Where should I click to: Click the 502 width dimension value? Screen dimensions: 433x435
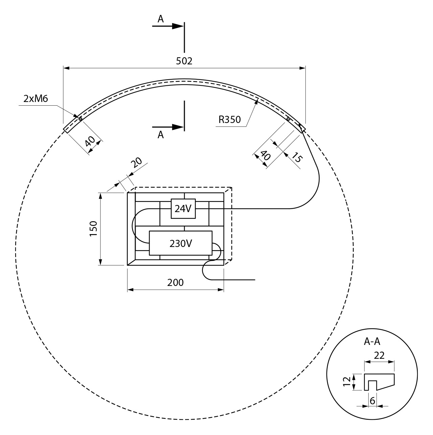(x=184, y=61)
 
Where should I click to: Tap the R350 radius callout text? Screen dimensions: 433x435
(x=229, y=119)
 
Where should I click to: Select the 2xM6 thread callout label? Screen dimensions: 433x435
(x=36, y=99)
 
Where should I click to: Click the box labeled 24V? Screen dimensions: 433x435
(x=183, y=209)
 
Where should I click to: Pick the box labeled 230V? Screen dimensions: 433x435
(x=181, y=243)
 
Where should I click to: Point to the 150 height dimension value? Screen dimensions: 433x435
(x=93, y=229)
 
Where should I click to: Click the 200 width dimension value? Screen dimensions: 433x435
(x=175, y=283)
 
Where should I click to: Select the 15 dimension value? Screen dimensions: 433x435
(x=297, y=157)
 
